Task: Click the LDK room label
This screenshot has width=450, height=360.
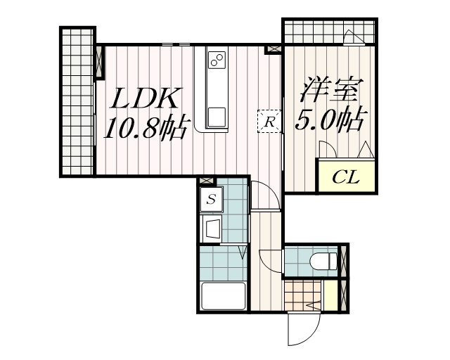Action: click(147, 99)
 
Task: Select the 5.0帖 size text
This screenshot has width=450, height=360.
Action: click(328, 120)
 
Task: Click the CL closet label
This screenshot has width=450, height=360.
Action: click(345, 176)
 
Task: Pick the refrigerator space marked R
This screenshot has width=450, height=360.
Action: click(269, 121)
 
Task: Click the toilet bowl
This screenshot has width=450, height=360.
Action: click(321, 262)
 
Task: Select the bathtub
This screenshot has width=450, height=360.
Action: click(223, 295)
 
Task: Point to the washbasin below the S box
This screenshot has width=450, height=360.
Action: click(212, 228)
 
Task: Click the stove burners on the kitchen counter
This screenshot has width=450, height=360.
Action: click(217, 60)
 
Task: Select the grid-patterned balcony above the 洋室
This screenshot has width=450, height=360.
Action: click(328, 32)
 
